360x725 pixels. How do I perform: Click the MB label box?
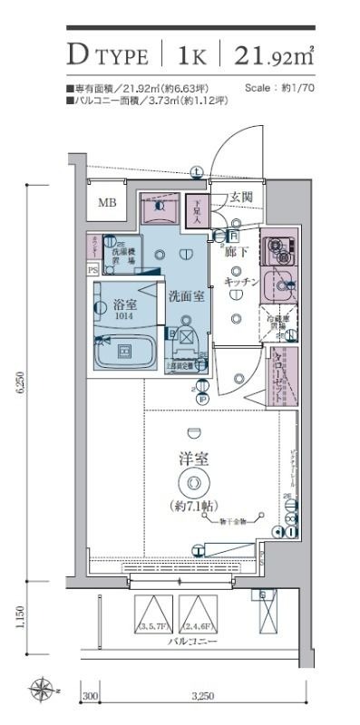[107, 204]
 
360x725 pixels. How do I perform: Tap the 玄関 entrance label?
[241, 198]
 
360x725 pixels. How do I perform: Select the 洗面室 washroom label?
[186, 295]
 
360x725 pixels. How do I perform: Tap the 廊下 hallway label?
[237, 251]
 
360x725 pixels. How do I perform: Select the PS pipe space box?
[92, 269]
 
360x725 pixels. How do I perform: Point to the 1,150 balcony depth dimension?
[20, 624]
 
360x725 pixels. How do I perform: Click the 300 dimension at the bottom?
[91, 696]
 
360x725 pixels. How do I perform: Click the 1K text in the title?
[191, 57]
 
